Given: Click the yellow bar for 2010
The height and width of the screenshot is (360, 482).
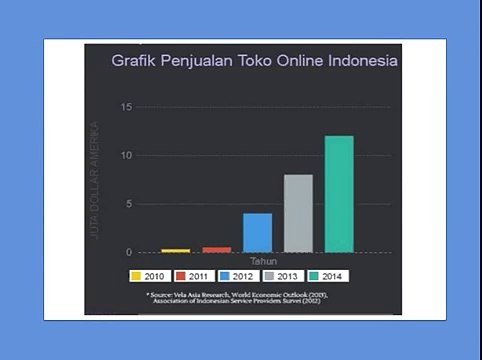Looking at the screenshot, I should tap(176, 250).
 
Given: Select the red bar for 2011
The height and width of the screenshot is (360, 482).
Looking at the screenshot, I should tap(217, 249).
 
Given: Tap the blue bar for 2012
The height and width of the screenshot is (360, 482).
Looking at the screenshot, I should tap(258, 232).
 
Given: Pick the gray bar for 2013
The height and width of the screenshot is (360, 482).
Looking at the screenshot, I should tap(298, 213).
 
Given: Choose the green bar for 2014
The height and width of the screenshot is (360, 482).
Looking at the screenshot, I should tap(339, 193).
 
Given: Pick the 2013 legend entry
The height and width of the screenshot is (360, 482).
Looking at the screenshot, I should tap(284, 276).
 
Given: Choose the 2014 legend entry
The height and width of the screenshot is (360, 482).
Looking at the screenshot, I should tap(328, 276).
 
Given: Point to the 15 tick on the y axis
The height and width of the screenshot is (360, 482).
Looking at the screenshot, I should tap(126, 107).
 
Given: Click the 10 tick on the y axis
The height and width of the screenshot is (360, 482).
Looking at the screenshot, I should tap(126, 155).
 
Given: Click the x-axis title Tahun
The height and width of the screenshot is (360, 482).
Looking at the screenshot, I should tap(263, 262).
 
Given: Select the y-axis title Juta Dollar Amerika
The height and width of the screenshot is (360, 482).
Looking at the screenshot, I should tap(95, 180).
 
